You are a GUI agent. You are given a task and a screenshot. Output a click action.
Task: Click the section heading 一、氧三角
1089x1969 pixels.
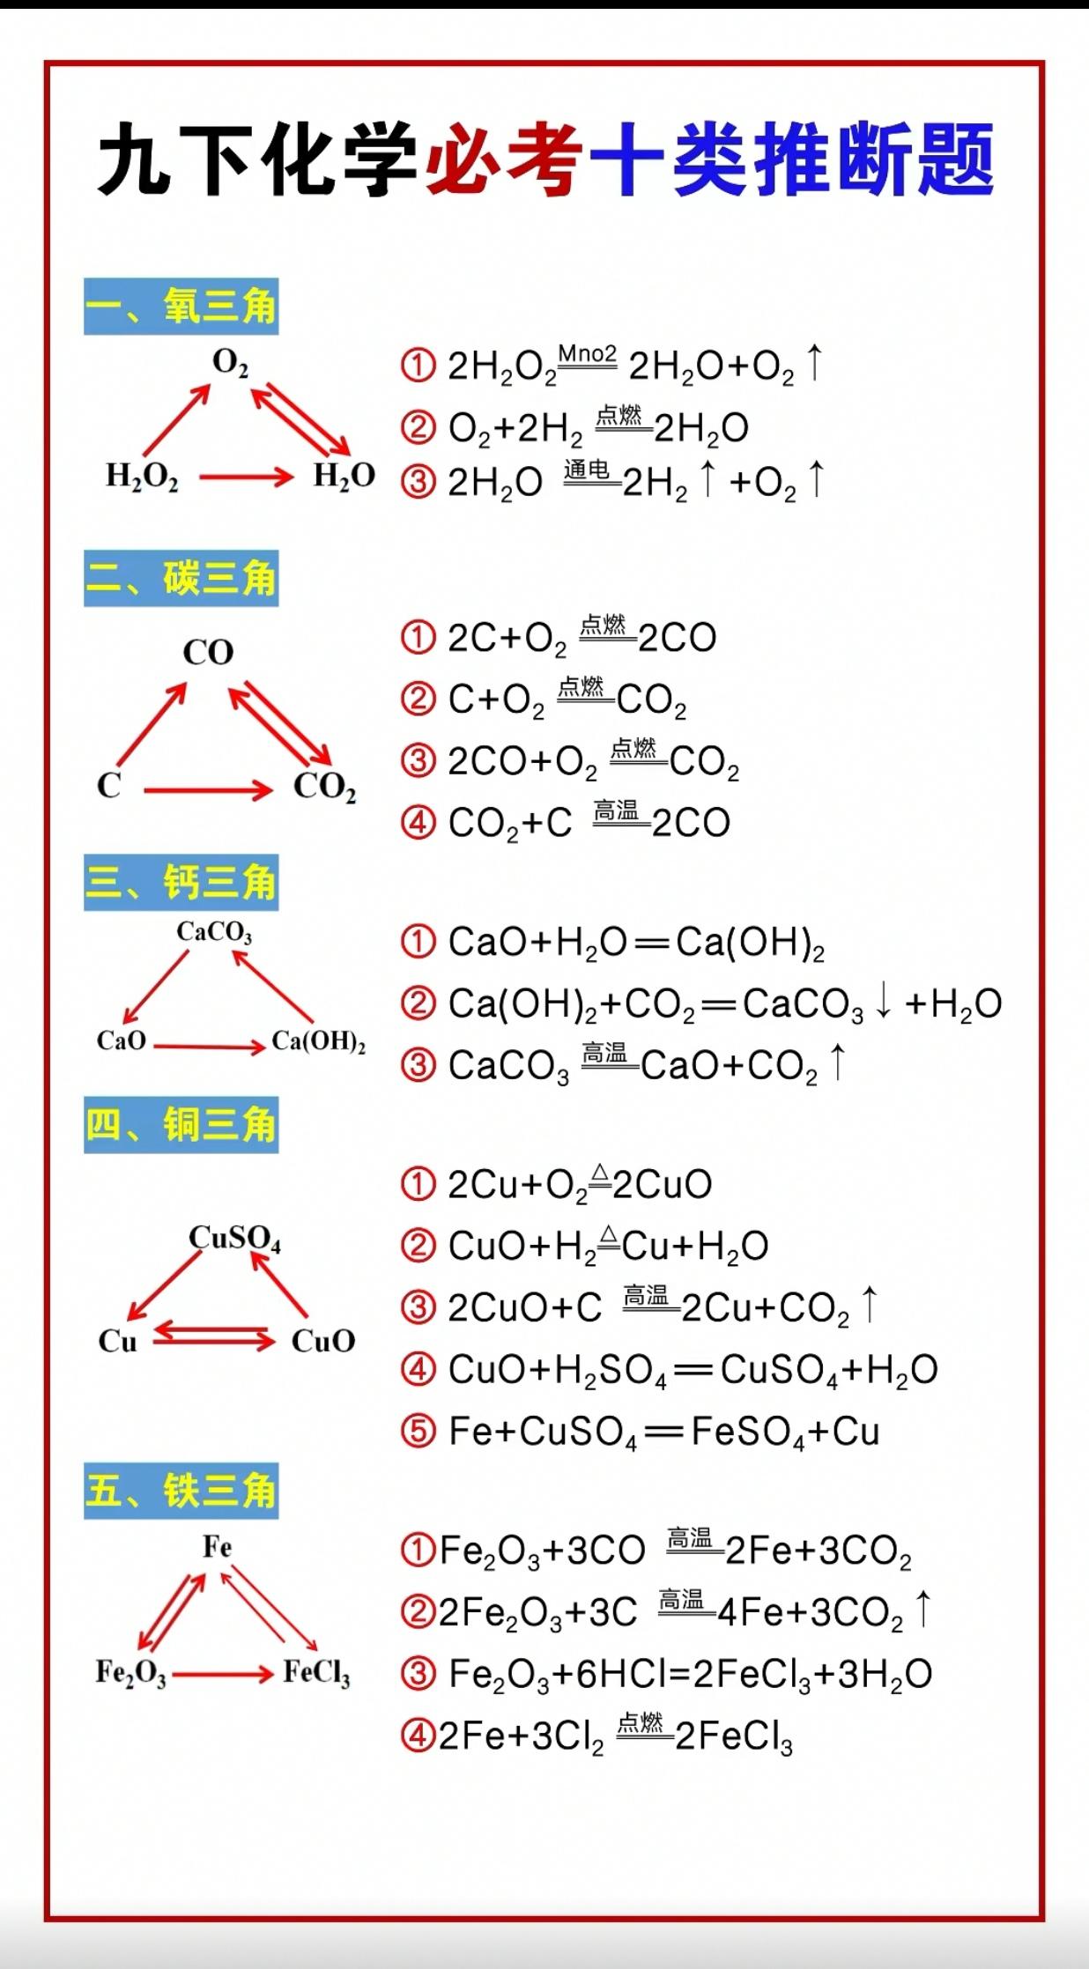coord(181,307)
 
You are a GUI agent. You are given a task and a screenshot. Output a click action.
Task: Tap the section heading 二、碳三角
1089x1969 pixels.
coord(181,579)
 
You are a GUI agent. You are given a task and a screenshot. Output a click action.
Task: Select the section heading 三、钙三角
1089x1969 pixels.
coord(181,882)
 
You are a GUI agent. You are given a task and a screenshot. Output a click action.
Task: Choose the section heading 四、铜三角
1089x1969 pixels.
coord(181,1125)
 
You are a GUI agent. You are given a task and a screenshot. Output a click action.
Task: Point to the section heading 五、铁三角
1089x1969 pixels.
coord(181,1491)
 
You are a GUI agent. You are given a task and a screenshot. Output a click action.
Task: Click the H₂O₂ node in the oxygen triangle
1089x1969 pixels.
coord(142,477)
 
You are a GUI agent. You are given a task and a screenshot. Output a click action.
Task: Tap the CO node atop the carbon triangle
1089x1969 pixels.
coord(208,653)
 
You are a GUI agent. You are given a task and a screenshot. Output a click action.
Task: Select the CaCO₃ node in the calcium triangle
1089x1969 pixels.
coord(214,932)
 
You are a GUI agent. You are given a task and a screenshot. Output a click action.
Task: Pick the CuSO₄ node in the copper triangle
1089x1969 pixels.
coord(234,1239)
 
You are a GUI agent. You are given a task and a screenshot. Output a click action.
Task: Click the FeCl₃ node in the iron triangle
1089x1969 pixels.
coord(316,1672)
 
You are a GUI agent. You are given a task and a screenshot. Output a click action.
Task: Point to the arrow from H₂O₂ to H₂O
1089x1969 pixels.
coord(246,477)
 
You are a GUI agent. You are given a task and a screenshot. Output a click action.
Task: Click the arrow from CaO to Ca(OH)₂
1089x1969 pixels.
coord(210,1047)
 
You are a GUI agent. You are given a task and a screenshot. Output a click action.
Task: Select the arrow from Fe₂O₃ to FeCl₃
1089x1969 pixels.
coord(223,1673)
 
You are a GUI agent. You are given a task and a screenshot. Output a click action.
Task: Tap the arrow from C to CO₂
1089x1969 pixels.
coord(208,790)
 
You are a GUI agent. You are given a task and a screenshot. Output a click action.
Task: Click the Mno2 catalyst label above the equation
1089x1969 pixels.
coord(588,354)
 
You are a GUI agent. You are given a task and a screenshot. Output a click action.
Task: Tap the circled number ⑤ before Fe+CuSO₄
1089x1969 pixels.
coord(419,1431)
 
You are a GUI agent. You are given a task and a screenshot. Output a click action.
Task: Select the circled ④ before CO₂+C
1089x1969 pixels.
coord(419,822)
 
